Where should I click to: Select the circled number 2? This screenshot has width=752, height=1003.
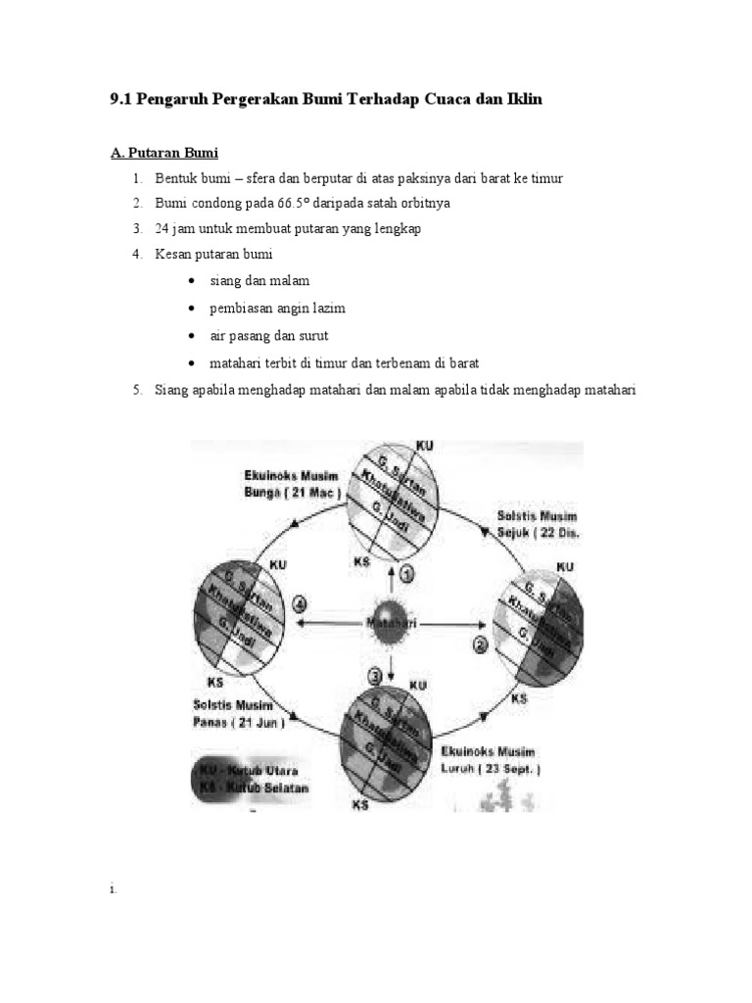point(480,644)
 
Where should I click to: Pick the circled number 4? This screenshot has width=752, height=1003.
point(300,604)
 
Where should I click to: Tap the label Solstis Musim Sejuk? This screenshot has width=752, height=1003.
point(538,525)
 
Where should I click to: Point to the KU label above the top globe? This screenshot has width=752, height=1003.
point(424,446)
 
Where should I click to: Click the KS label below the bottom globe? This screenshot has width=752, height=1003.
point(361,805)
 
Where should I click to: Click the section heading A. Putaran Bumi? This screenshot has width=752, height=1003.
point(163,153)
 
